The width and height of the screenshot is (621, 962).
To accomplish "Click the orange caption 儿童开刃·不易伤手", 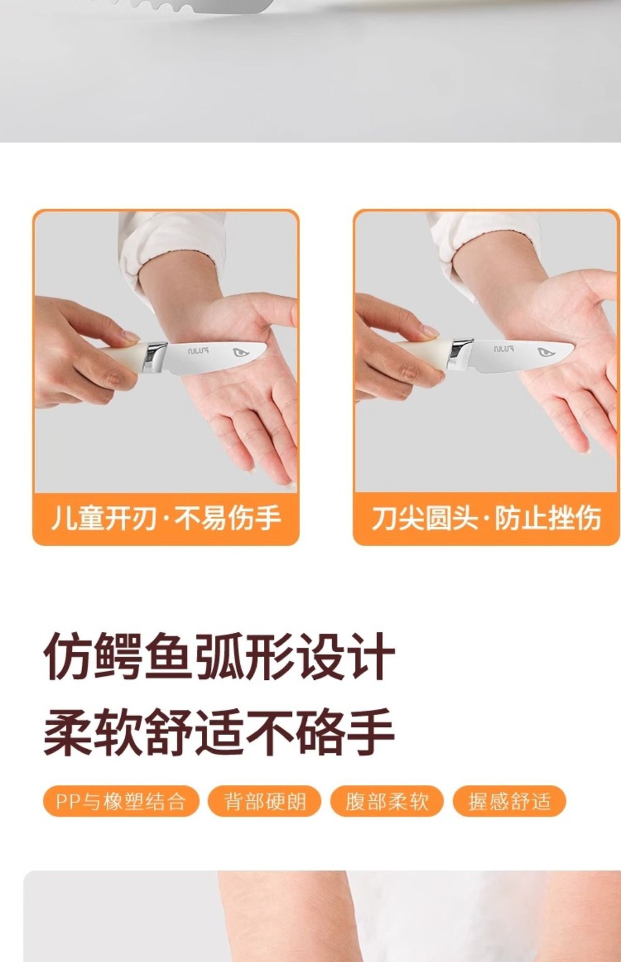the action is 166,518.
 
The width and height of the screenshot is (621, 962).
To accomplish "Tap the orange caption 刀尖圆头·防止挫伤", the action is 486,518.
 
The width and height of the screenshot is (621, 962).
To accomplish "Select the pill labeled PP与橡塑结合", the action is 121,801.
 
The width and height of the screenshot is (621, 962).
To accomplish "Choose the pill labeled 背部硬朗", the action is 264,801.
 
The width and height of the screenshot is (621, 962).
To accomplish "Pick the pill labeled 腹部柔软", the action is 387,801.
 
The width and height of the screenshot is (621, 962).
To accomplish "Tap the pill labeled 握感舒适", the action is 509,801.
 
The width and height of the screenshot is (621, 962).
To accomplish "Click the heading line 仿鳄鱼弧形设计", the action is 219,657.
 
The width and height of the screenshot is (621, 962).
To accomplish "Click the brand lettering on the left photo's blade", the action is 198,351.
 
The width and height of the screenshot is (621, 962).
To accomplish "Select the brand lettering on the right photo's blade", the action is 504,349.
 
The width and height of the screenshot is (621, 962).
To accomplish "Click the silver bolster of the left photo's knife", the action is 156,357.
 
